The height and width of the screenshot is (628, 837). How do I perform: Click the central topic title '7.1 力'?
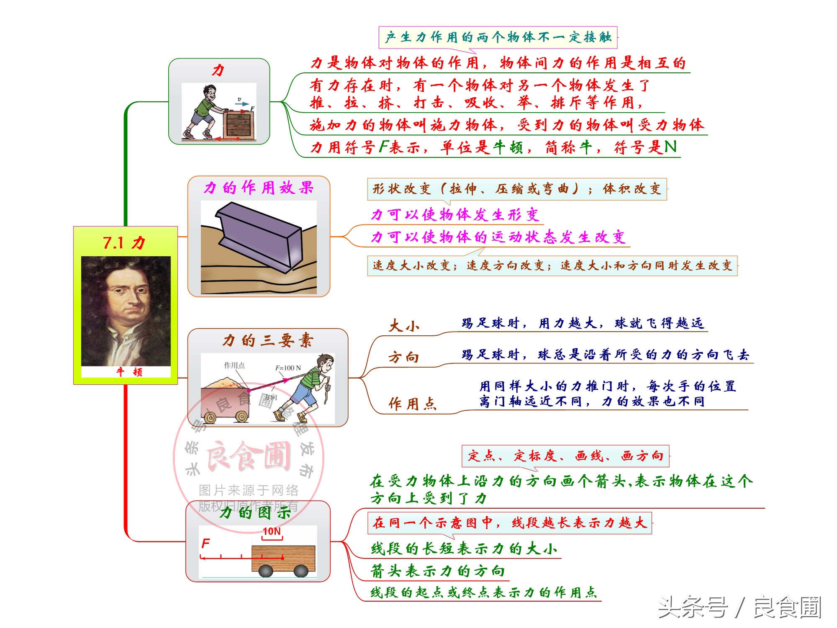click(124, 243)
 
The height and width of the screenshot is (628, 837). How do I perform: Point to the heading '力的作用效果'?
click(259, 188)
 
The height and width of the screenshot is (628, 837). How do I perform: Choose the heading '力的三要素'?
click(268, 340)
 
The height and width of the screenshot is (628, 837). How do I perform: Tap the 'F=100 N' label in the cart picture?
click(288, 368)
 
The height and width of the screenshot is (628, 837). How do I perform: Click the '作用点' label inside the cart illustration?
click(234, 365)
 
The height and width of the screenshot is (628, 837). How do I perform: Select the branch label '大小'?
click(404, 326)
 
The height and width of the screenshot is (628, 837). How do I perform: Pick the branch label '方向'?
click(404, 357)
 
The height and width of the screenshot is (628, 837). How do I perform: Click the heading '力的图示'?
click(255, 512)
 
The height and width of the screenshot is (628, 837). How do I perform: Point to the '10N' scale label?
click(272, 531)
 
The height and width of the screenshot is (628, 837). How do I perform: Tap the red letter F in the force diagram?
click(205, 543)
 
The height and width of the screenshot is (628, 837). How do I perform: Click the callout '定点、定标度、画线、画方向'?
click(565, 456)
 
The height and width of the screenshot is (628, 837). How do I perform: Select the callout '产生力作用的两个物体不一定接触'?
click(498, 37)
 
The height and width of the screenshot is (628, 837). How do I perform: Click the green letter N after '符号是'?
click(670, 147)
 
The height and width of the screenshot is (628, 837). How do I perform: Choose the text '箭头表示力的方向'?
click(438, 571)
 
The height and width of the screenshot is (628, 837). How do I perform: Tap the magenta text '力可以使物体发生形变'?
click(455, 215)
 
